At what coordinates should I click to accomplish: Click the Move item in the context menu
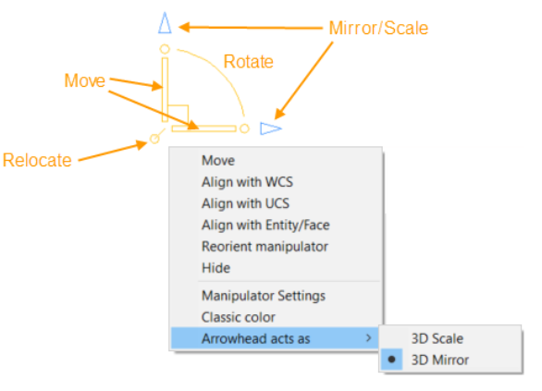(218, 161)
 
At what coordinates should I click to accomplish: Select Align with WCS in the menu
(247, 182)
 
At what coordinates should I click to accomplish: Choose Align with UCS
(245, 203)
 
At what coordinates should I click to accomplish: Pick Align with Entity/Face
(265, 225)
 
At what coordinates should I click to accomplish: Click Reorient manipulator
(265, 247)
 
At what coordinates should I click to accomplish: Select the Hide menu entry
(216, 268)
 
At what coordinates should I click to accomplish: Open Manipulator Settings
(264, 296)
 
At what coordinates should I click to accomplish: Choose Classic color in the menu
(239, 317)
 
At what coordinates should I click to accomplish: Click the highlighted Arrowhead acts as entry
(256, 339)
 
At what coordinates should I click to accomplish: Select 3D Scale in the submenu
(437, 339)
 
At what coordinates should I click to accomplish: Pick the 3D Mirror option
(439, 360)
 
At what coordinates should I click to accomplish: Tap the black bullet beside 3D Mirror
(391, 360)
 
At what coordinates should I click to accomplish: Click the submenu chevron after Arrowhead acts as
(369, 337)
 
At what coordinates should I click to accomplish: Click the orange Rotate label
(249, 62)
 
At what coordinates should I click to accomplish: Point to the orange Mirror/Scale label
(378, 28)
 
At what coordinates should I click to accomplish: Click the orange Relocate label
(37, 160)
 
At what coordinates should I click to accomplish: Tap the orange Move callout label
(85, 80)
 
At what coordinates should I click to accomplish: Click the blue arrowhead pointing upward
(165, 23)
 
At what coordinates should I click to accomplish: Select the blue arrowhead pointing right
(271, 128)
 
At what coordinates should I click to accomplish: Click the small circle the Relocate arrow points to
(154, 139)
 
